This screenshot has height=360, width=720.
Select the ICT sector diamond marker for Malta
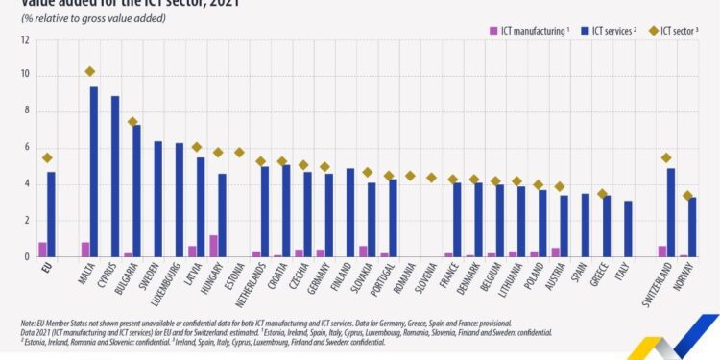pos(90,71)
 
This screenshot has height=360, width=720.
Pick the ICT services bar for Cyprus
pos(115,177)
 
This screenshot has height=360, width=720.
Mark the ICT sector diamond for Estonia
pos(239,152)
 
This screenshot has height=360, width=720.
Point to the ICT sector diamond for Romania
pos(410,176)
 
